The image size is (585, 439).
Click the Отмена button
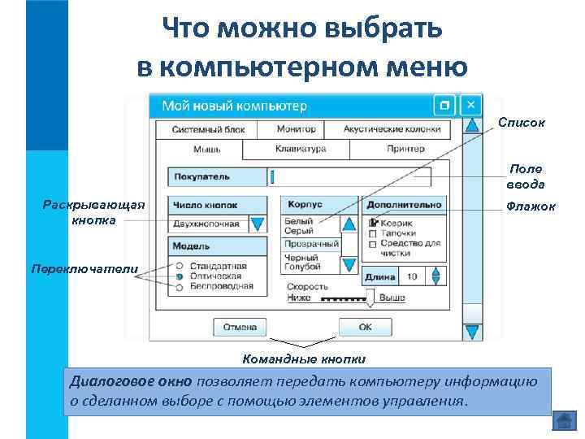click(x=240, y=327)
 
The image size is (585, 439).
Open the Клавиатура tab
click(x=300, y=150)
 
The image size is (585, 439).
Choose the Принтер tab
click(x=405, y=150)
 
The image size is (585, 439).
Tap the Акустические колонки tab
click(x=392, y=129)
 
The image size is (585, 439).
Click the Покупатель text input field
click(x=349, y=176)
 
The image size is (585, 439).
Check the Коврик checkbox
click(x=374, y=223)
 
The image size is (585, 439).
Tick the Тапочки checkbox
click(x=374, y=233)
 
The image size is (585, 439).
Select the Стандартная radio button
click(x=179, y=266)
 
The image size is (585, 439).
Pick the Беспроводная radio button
click(x=179, y=286)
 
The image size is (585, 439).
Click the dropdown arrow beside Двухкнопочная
click(x=257, y=224)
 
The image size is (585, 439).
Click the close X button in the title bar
click(x=470, y=106)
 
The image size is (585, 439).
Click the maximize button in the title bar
click(x=444, y=106)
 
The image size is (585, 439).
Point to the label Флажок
click(x=531, y=207)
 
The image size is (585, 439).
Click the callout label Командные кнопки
click(x=304, y=359)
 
